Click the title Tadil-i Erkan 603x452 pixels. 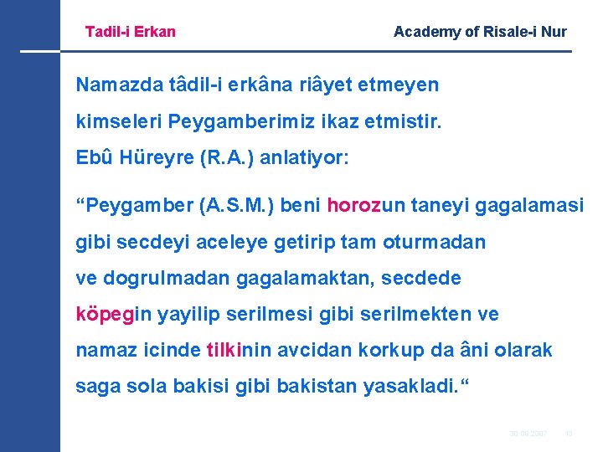tap(131, 32)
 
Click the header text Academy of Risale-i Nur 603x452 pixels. tap(480, 32)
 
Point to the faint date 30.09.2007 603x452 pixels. tap(528, 433)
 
